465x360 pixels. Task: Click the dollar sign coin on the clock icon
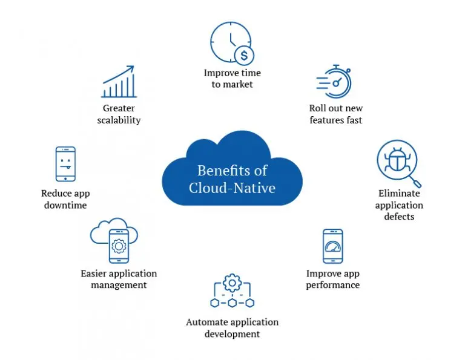[244, 56]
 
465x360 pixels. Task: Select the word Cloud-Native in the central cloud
[232, 188]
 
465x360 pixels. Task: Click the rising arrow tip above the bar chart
[133, 67]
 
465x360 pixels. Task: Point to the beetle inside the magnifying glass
[397, 160]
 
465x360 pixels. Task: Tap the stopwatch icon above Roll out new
[334, 82]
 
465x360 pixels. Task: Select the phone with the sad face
[65, 163]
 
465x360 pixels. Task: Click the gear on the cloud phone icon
[119, 246]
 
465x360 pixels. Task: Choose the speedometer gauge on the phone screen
[333, 246]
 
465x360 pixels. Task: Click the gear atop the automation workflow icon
[232, 283]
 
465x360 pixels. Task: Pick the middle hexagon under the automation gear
[232, 303]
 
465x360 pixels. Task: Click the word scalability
[119, 120]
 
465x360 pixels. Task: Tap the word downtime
[65, 205]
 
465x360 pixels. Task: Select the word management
[119, 285]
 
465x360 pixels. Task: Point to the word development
[232, 334]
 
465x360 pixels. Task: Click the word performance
[333, 285]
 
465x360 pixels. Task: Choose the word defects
[399, 217]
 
